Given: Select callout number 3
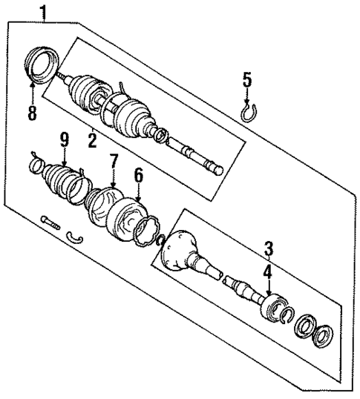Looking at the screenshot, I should [x=268, y=247].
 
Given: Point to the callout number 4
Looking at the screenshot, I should [x=268, y=271].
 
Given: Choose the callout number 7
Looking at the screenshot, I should [x=113, y=161].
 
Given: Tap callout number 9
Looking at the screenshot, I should [x=65, y=139].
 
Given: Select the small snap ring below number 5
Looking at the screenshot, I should [x=249, y=111].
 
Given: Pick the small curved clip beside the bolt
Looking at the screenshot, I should [x=73, y=237].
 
